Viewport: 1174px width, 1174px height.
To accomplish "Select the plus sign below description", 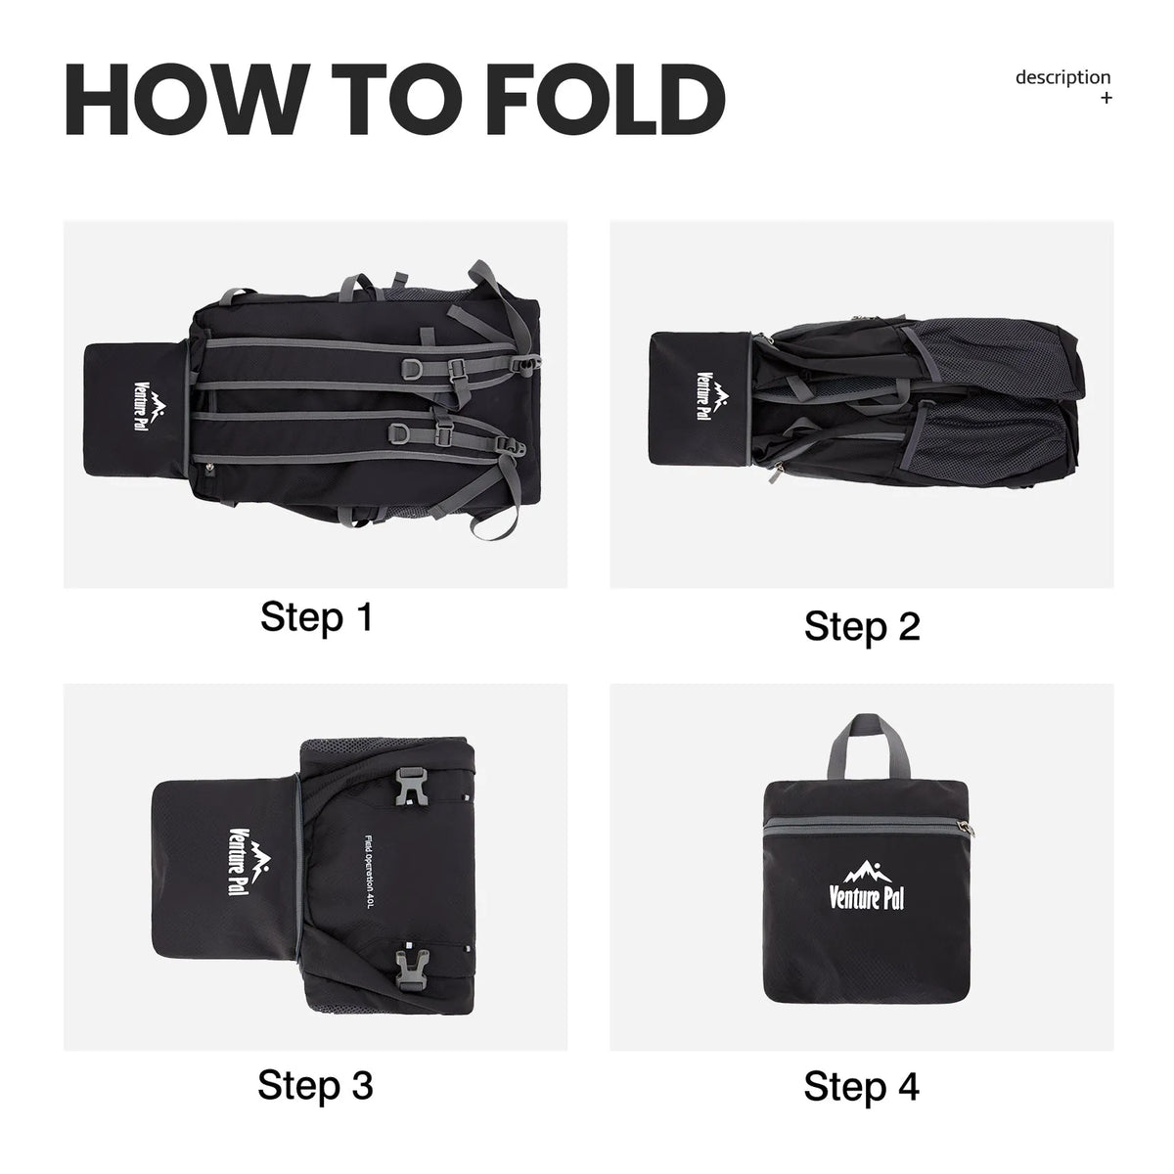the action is (1106, 98).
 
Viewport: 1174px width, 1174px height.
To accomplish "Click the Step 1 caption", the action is (316, 617).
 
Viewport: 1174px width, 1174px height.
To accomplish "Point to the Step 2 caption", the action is (862, 627).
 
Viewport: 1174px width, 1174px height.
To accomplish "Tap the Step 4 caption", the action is (861, 1086).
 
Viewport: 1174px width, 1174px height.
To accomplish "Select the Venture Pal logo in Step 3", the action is (249, 862).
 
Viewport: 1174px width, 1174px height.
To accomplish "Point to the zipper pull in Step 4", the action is (965, 828).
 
